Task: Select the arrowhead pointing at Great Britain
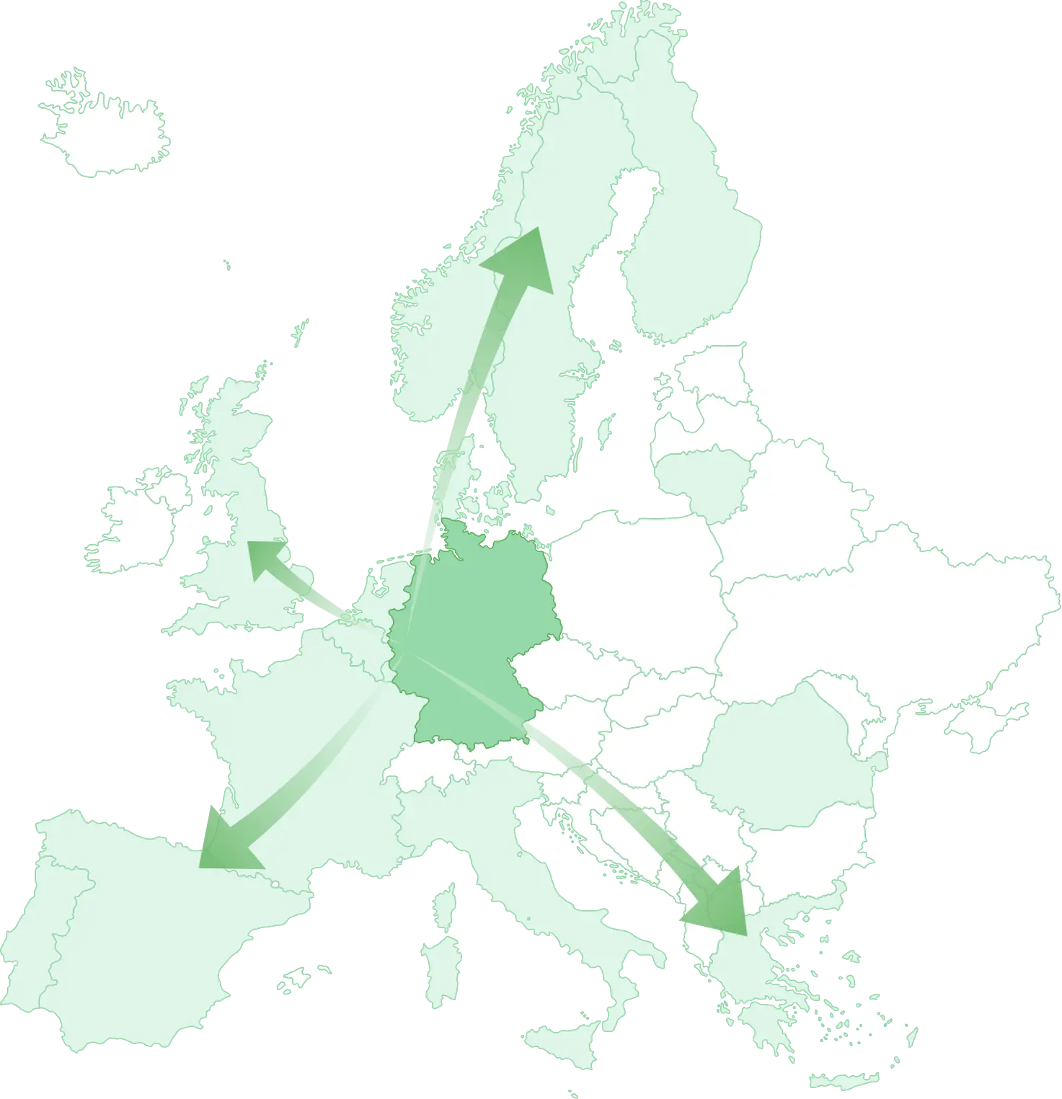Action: coord(263,559)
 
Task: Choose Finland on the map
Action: coord(685,238)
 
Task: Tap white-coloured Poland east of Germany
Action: coord(634,577)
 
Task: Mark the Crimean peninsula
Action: coord(988,724)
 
